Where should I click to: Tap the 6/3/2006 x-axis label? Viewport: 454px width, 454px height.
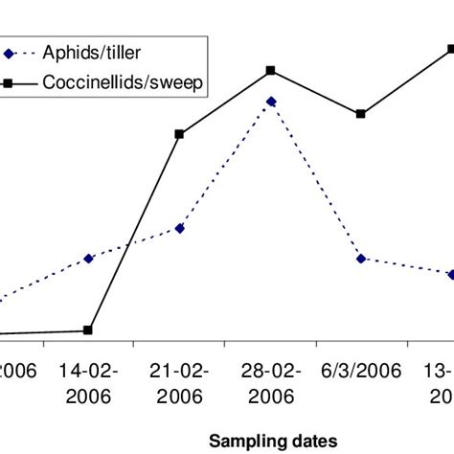(361, 370)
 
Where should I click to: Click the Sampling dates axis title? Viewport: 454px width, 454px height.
(273, 440)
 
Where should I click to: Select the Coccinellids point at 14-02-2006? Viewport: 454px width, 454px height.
(89, 330)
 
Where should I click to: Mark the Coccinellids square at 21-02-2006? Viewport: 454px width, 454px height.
(180, 134)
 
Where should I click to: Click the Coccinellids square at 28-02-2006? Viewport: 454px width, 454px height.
(271, 70)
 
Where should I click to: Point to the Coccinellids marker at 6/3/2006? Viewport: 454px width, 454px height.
(361, 114)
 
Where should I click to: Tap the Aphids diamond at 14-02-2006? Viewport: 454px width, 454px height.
(89, 259)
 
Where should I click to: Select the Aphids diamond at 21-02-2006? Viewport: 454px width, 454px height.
(180, 228)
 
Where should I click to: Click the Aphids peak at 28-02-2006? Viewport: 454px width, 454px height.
(271, 101)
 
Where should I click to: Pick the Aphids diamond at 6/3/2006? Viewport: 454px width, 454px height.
(361, 259)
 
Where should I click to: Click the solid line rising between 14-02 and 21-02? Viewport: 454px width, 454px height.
(134, 233)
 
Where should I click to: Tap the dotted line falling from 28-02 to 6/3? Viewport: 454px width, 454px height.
(316, 180)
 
